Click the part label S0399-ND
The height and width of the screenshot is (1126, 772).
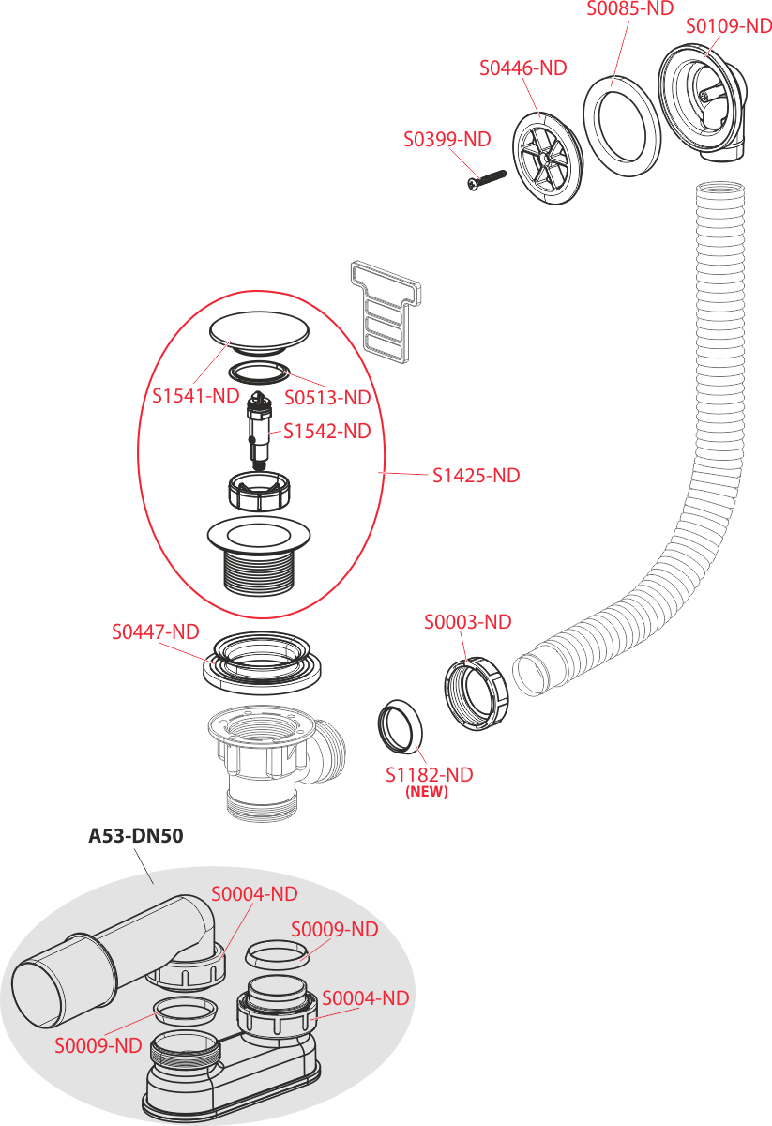click(447, 140)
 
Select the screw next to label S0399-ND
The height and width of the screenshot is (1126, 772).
click(485, 178)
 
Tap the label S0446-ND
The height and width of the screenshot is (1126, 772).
click(523, 68)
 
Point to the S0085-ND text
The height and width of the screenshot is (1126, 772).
click(630, 8)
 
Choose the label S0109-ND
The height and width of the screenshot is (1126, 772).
click(728, 26)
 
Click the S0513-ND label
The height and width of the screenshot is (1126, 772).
click(327, 398)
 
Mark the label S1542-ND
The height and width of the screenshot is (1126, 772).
click(327, 432)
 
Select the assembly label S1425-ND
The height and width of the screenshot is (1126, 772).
click(476, 476)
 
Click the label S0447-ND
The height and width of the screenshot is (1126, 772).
click(156, 632)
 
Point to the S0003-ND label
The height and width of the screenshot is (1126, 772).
click(467, 622)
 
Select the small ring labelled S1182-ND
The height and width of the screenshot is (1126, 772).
click(401, 727)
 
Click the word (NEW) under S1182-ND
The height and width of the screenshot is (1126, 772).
click(427, 792)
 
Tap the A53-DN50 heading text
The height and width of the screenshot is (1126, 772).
click(135, 836)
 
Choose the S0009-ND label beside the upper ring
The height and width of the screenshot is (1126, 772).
click(334, 930)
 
